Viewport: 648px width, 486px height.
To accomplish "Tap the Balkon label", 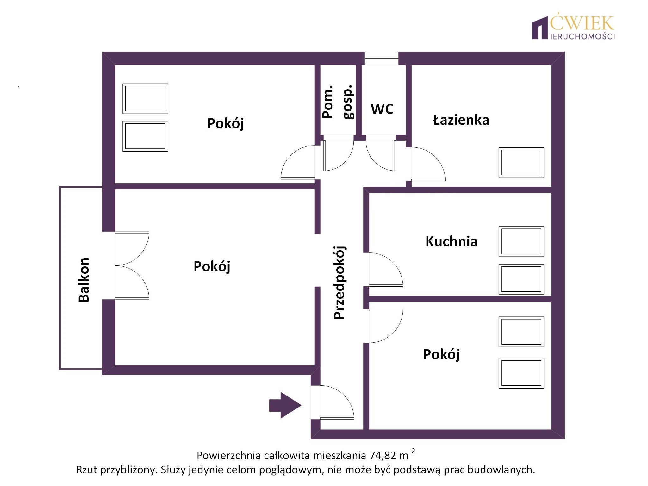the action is point(84,280).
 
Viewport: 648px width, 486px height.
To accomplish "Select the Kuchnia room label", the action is point(451,241).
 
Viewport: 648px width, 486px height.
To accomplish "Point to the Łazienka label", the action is point(461,120).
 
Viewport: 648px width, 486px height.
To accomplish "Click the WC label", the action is point(382,109).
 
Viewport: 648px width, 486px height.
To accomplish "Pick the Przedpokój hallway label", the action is point(340,282).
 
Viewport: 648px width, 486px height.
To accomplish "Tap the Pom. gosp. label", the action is point(338,102).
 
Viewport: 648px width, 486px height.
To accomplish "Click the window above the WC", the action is point(381,59).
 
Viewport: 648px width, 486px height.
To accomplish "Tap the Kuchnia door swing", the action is point(386,270).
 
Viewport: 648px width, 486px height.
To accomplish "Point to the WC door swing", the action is point(381,154).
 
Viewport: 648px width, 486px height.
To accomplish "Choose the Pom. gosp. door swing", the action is point(338,154).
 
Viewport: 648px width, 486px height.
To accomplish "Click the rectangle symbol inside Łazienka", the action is point(521,163).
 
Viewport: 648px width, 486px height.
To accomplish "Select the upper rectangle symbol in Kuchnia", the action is point(521,241).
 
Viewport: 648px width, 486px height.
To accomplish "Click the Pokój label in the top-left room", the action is point(225,123).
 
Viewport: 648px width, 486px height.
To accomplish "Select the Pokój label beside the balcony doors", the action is point(212,266).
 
